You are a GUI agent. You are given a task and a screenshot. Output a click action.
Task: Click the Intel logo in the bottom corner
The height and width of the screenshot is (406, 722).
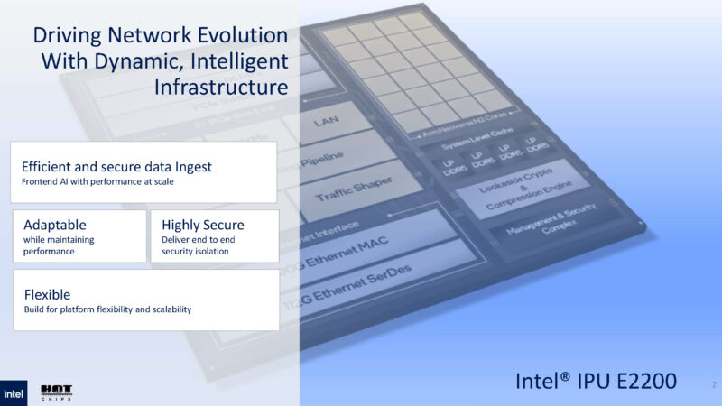click(14, 393)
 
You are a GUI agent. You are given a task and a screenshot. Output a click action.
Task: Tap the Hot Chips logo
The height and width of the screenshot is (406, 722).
click(56, 393)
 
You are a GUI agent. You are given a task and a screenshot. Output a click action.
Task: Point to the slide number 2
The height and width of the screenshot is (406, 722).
click(712, 384)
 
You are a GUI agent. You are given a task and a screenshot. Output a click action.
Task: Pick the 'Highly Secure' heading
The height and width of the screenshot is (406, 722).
click(202, 224)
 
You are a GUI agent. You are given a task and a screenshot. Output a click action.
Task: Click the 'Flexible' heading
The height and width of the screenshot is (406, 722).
click(47, 294)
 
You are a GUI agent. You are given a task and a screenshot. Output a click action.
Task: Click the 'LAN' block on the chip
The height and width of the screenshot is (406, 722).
click(326, 120)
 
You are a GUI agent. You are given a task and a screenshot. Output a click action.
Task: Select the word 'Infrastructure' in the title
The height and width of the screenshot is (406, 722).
click(221, 88)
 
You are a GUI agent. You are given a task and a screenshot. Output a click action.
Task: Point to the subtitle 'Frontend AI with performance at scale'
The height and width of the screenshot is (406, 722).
click(98, 183)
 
